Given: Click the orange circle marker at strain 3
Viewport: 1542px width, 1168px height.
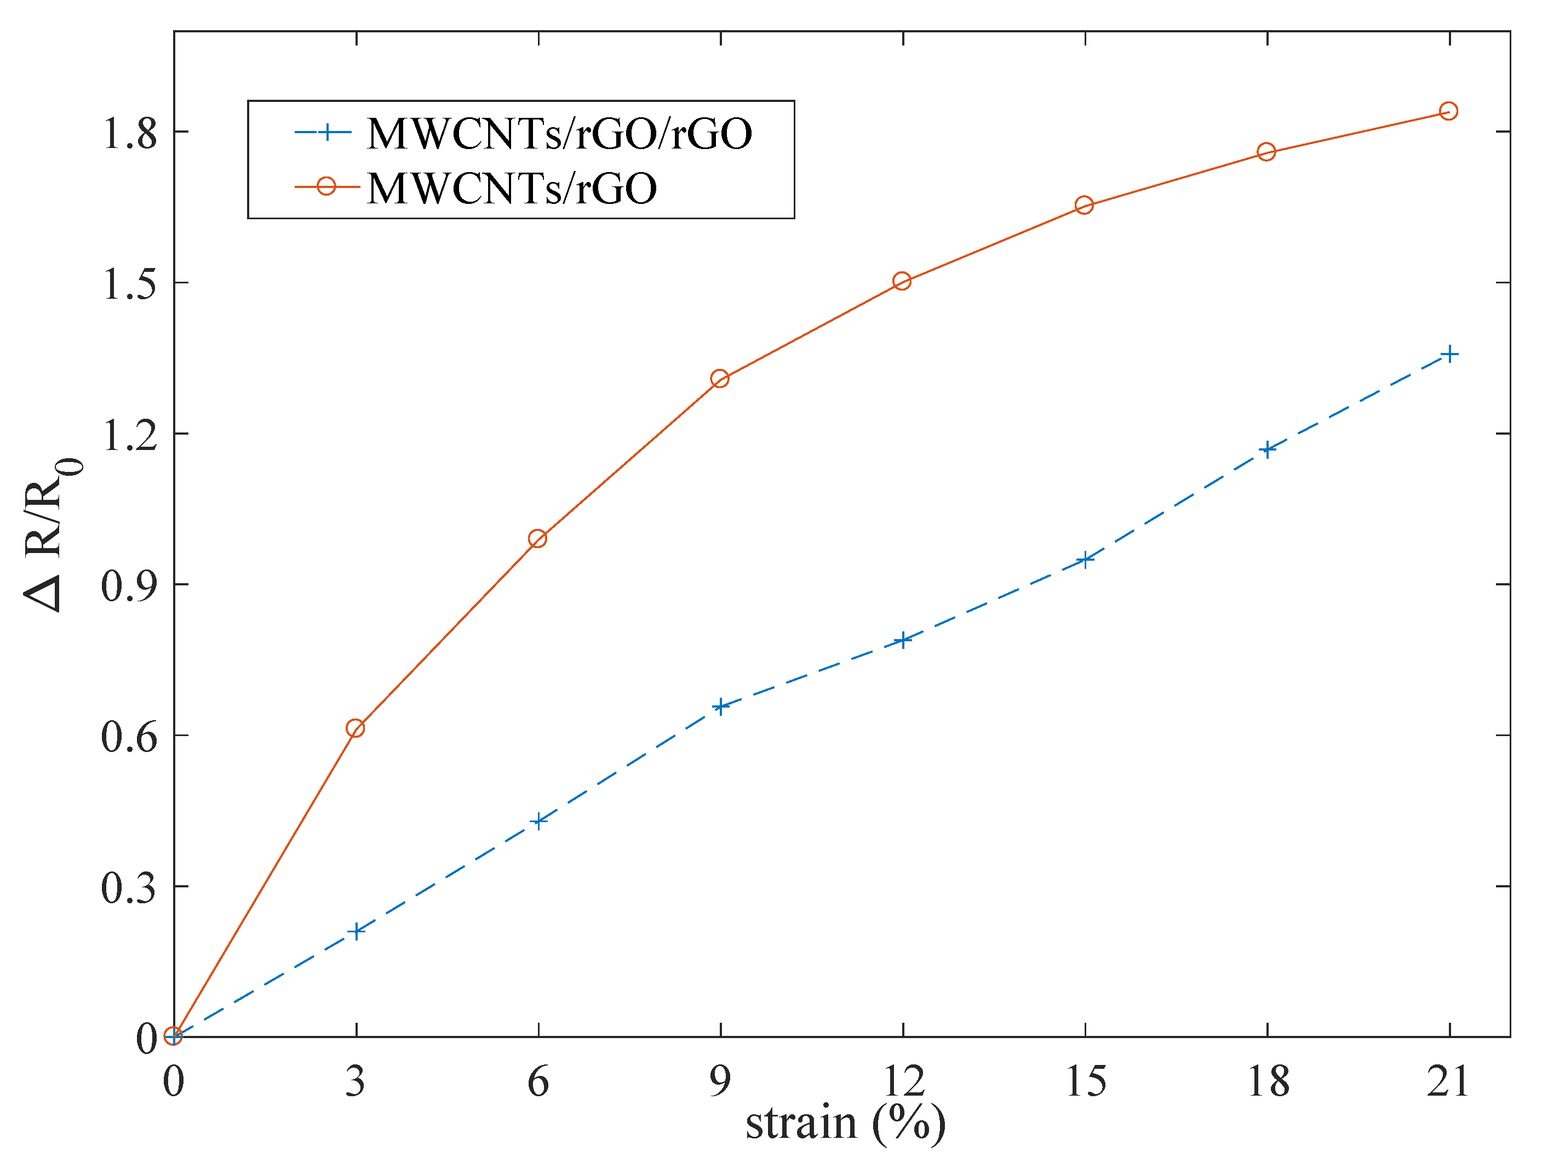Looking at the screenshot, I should (355, 728).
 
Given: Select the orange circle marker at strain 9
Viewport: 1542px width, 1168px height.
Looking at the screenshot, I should (720, 379).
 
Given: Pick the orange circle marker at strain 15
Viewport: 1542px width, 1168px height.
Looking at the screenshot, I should (1084, 205).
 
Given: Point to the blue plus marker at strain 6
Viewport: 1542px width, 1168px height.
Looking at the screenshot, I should (538, 821).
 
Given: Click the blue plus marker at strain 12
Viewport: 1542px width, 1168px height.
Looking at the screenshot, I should (903, 640).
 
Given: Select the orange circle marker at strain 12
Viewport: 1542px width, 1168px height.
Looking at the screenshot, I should (902, 281).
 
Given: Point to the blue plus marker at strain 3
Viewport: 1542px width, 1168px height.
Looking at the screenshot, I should (356, 931).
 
